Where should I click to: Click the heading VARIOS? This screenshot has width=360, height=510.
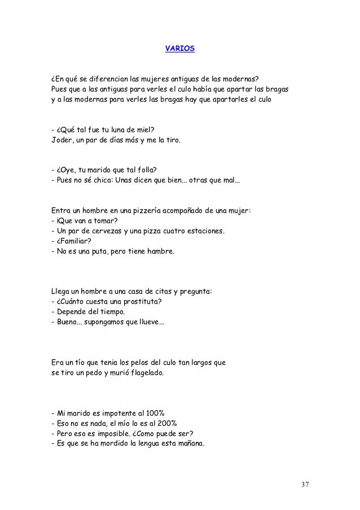pos(179,49)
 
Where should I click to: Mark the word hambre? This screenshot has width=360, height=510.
pos(160,251)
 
